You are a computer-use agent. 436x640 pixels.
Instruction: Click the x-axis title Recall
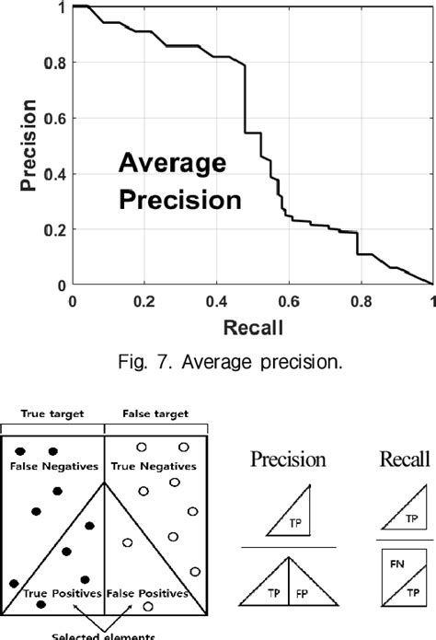tap(251, 327)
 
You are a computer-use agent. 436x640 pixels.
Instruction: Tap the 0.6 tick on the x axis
tap(288, 302)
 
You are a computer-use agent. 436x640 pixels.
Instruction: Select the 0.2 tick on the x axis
tap(143, 302)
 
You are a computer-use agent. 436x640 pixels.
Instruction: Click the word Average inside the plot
tap(171, 167)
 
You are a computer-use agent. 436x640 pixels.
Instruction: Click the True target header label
tap(52, 414)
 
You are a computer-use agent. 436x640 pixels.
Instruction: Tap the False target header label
tap(151, 414)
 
